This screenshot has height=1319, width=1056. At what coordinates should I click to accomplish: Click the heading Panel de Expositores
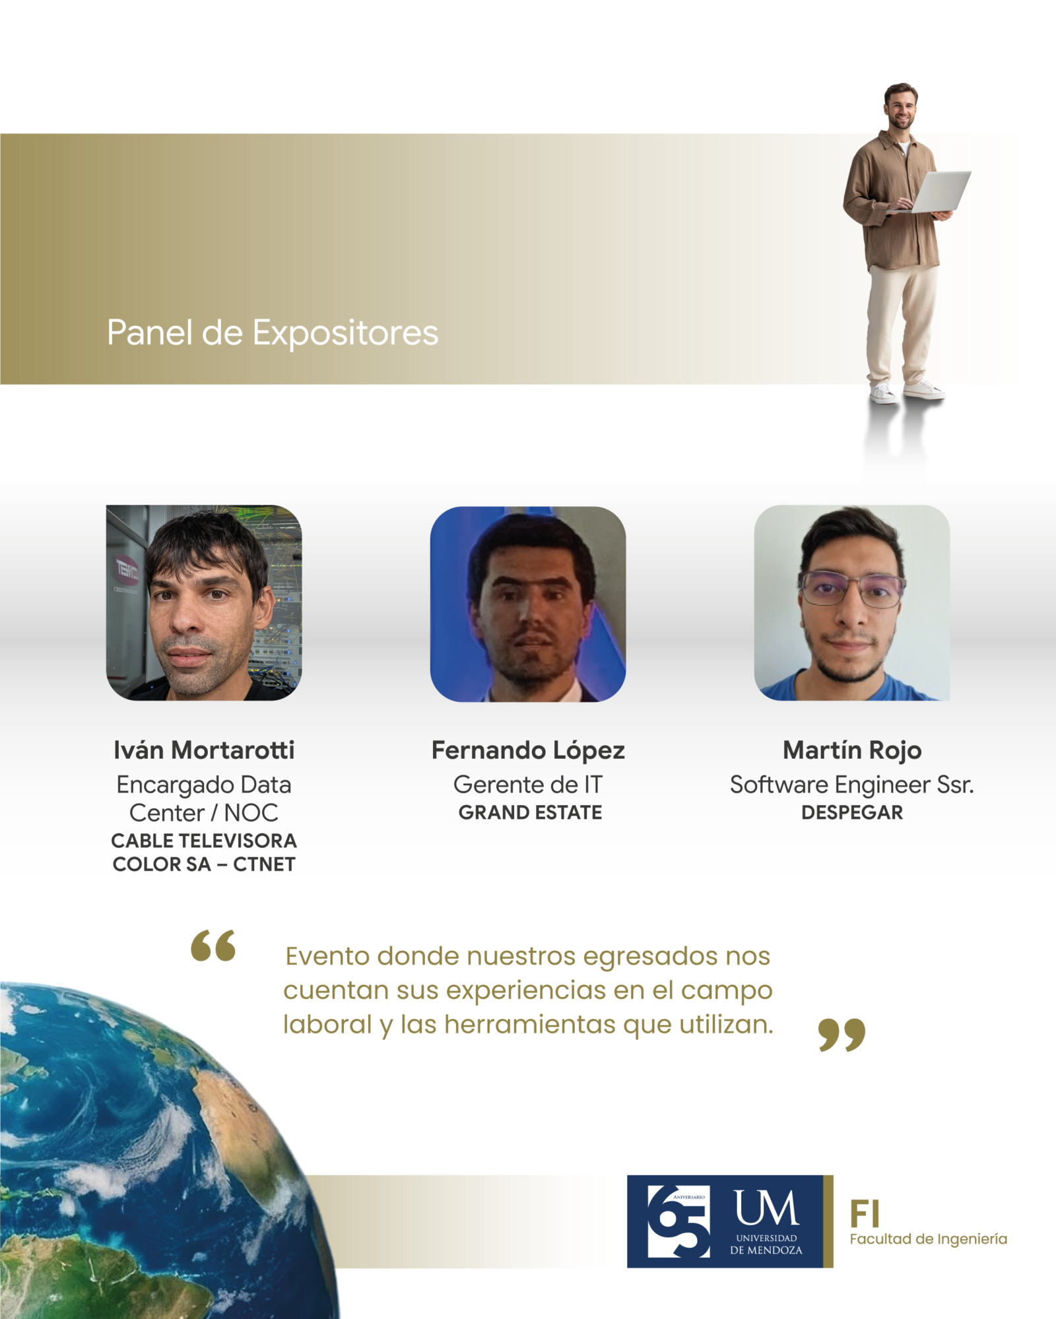(x=273, y=333)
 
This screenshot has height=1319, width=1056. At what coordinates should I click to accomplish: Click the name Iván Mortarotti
(x=204, y=750)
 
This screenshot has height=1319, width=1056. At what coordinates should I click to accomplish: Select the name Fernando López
(x=528, y=750)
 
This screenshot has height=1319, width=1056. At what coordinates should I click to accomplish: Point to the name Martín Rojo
(x=852, y=750)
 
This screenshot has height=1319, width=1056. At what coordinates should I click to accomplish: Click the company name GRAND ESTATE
(x=530, y=812)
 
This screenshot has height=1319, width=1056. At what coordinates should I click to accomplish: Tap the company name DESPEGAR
(x=852, y=812)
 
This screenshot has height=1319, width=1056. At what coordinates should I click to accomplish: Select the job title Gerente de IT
(x=528, y=785)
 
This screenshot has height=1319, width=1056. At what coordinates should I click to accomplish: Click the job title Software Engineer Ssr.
(x=852, y=785)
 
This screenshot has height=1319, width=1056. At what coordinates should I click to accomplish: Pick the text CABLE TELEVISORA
(x=204, y=841)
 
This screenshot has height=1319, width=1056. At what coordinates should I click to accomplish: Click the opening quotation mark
(x=213, y=946)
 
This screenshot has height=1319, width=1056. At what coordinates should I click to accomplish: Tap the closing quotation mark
(x=841, y=1034)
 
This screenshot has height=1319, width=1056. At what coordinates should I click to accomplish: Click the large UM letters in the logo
(x=766, y=1208)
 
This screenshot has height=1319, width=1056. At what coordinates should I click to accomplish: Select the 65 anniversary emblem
(x=678, y=1221)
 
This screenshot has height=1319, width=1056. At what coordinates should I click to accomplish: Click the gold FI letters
(x=865, y=1214)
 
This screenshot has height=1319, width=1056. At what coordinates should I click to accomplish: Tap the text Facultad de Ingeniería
(x=929, y=1240)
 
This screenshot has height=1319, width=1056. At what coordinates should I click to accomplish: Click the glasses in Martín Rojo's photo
(x=851, y=589)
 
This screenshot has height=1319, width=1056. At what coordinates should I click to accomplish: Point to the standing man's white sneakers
(x=907, y=391)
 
